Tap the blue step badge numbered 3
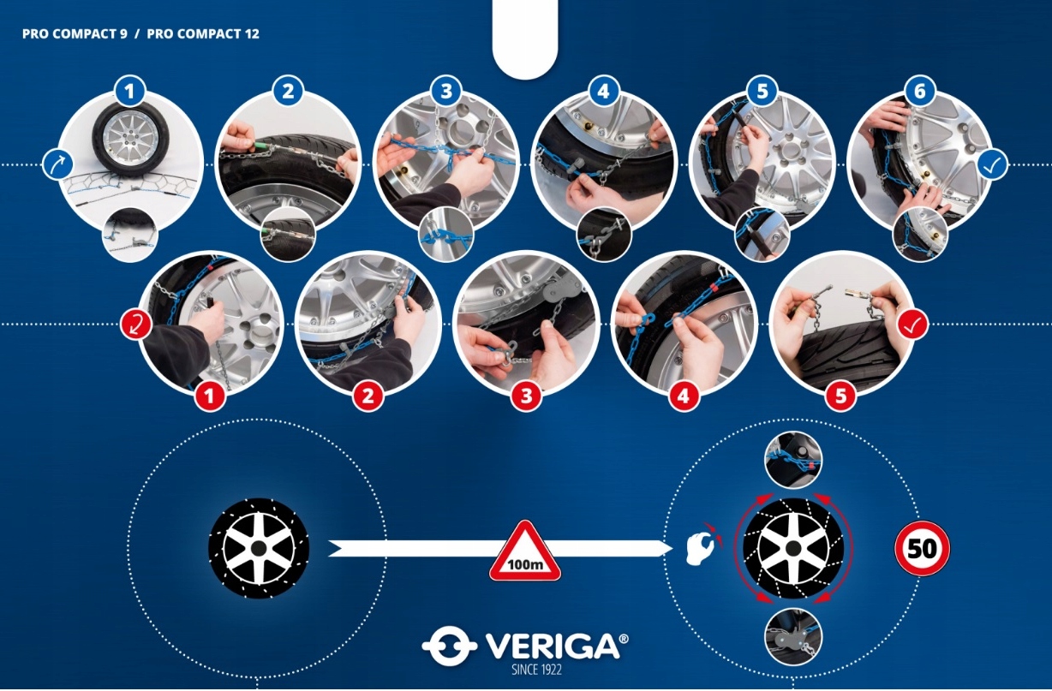coord(446,91)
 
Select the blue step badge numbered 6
coord(919,91)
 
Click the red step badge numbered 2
coord(368,396)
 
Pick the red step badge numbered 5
coord(840,396)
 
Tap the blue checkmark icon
coord(993,165)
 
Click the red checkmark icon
coord(912,324)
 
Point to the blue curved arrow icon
coord(57,165)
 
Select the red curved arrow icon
coord(136,324)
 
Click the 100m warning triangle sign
coord(525,552)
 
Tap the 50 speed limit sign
coord(922,548)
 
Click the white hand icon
coord(701,547)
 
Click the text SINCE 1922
coord(536,670)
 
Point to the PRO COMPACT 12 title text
coord(203,33)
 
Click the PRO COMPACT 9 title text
coord(75,33)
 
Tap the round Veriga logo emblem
coord(450,646)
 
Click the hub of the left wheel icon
coord(259,548)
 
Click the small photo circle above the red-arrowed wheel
coord(793,459)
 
